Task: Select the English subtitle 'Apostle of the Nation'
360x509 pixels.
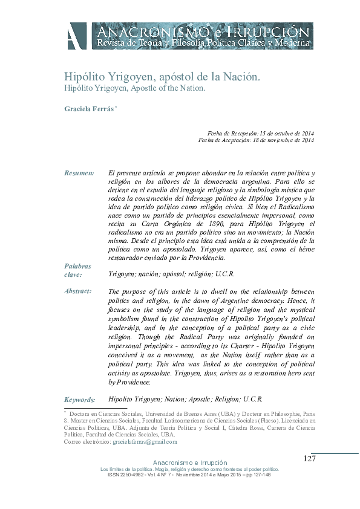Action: click(x=172, y=88)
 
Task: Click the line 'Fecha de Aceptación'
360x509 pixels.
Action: click(x=256, y=141)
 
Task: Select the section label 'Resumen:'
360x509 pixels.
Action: click(x=79, y=173)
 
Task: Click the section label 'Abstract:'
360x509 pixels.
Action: click(x=77, y=291)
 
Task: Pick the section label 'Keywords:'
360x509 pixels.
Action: click(x=79, y=400)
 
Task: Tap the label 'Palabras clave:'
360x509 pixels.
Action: click(x=77, y=270)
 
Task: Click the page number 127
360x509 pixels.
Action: click(x=309, y=459)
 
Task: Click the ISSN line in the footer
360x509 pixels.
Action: click(x=188, y=475)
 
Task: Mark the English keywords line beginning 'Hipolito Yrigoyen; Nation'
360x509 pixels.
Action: click(x=185, y=399)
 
